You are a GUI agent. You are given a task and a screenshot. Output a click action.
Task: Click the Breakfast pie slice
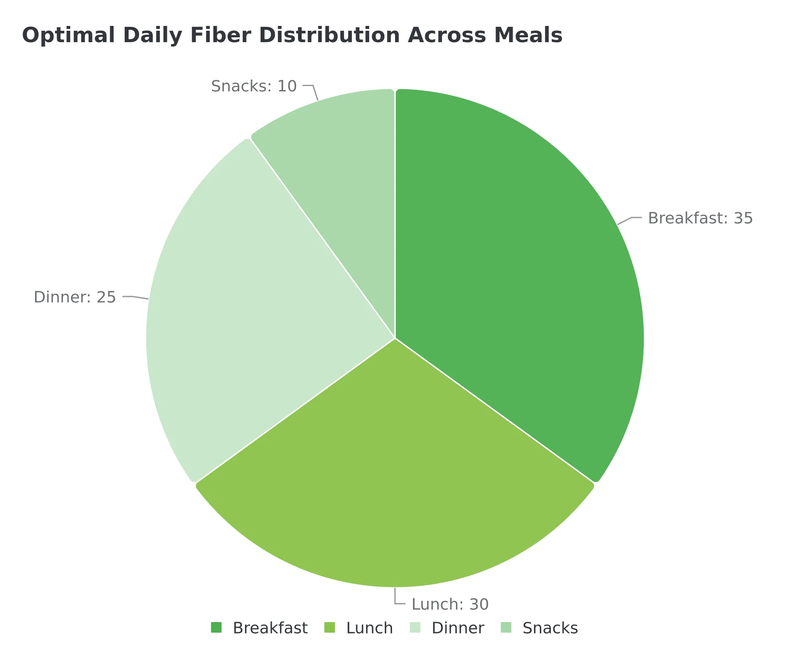click(x=518, y=272)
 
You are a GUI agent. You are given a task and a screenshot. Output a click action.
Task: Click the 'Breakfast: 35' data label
click(x=700, y=218)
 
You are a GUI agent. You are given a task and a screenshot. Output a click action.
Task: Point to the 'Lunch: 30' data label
click(x=450, y=605)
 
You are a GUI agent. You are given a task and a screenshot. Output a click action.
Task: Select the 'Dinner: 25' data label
click(x=75, y=297)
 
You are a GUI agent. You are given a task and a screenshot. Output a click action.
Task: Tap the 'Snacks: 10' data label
click(x=254, y=86)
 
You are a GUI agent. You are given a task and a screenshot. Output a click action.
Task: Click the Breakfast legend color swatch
click(x=216, y=628)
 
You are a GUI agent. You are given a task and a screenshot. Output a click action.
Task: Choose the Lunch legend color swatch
click(x=330, y=628)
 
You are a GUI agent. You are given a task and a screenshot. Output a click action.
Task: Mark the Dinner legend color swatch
click(x=415, y=628)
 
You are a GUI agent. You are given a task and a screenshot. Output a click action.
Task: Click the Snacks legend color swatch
click(x=506, y=628)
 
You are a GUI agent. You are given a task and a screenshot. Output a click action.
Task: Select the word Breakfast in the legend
click(x=270, y=628)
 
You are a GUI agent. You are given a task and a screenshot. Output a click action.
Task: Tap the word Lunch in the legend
click(x=370, y=628)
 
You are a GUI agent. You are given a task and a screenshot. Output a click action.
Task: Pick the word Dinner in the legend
click(x=458, y=628)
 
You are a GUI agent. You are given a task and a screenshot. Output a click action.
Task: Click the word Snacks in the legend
click(x=550, y=628)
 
